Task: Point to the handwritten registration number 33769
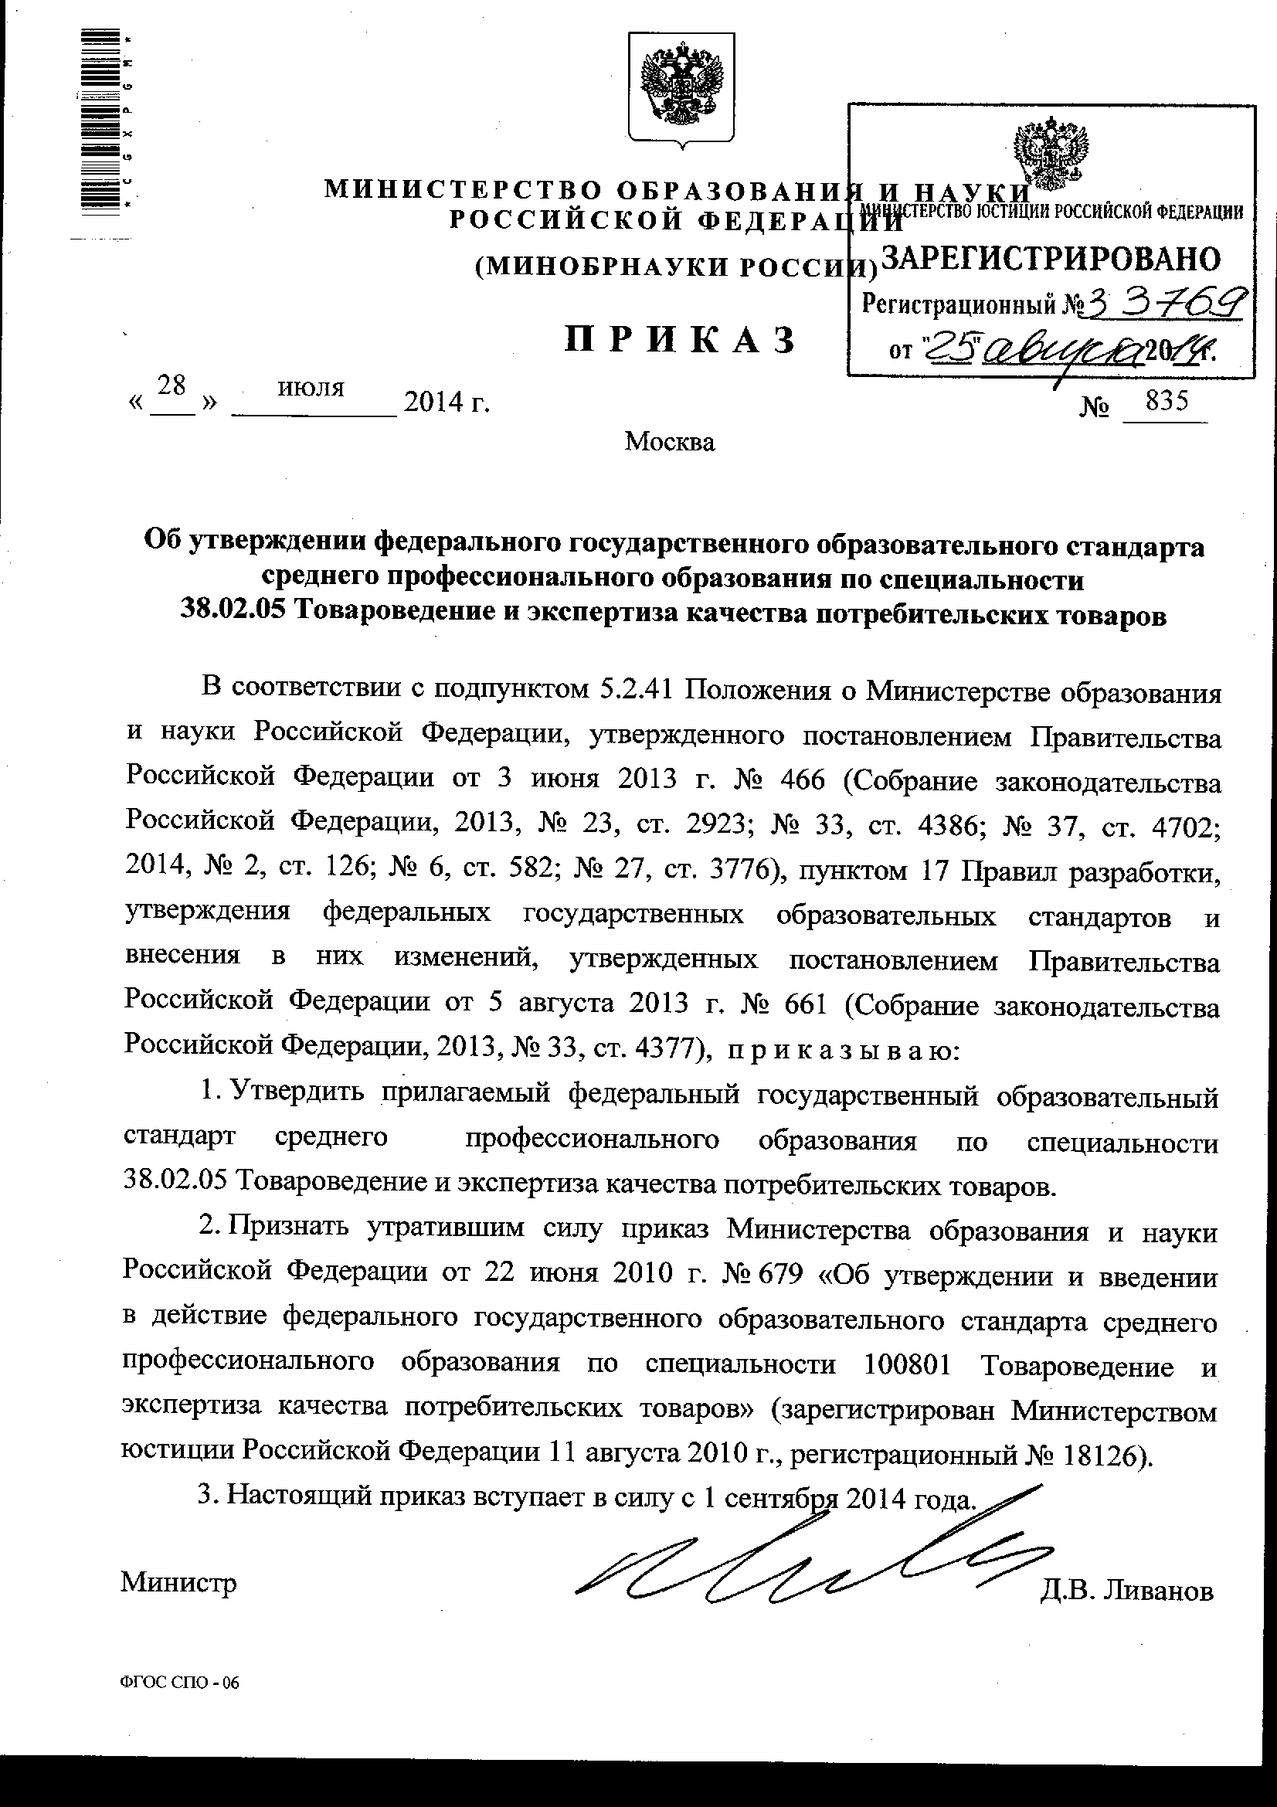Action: pyautogui.click(x=1164, y=303)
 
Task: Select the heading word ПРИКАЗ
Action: pyautogui.click(x=681, y=341)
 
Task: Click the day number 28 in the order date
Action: pyautogui.click(x=172, y=385)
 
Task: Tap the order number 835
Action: pyautogui.click(x=1166, y=402)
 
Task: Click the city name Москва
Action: pyautogui.click(x=670, y=443)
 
